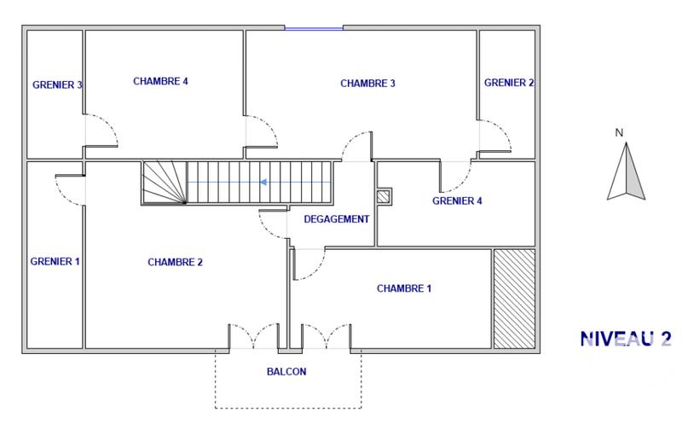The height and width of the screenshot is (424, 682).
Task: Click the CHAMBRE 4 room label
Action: click(160, 82)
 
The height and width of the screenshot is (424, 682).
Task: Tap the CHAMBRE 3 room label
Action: click(367, 84)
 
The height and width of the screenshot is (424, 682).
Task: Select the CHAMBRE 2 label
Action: click(175, 262)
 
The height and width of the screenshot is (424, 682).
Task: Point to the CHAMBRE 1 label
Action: click(404, 289)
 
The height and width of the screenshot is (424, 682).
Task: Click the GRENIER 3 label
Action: click(57, 84)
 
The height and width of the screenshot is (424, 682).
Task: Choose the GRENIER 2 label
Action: click(509, 83)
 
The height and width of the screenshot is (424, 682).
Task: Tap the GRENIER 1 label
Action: click(55, 262)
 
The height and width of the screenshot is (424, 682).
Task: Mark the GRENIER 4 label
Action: click(457, 202)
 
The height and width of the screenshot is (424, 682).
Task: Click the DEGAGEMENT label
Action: click(337, 219)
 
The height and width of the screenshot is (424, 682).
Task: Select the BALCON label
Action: click(286, 372)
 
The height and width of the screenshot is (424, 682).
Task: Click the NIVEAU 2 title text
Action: click(625, 339)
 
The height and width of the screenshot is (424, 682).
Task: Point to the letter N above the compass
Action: click(621, 132)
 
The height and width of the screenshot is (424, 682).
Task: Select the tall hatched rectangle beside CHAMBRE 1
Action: click(514, 299)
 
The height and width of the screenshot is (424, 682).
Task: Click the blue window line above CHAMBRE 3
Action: click(314, 29)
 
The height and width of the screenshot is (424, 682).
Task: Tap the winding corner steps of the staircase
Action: click(163, 183)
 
